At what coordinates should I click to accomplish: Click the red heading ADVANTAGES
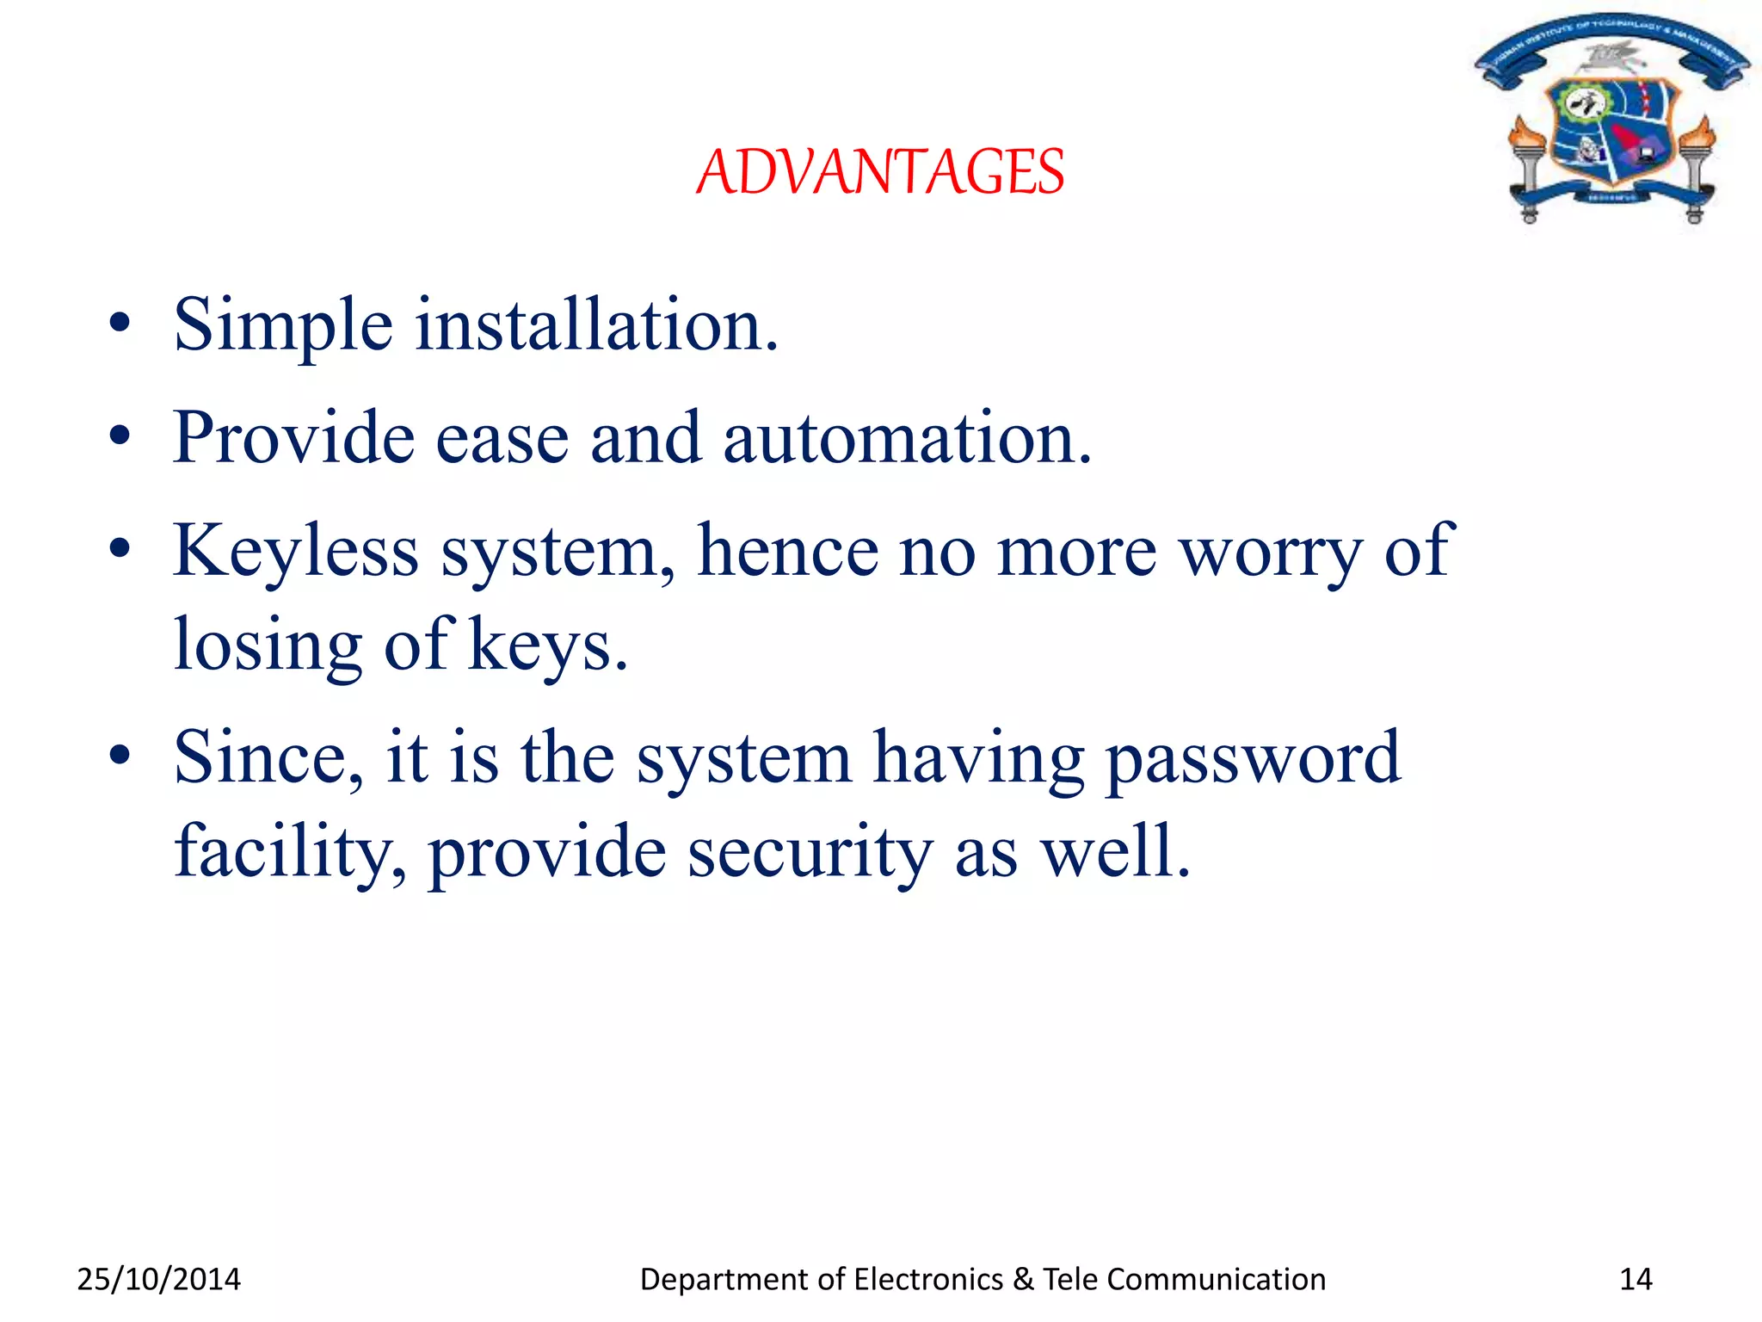tap(880, 171)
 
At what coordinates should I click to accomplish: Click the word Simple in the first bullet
tap(283, 325)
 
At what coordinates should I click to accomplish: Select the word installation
tap(596, 325)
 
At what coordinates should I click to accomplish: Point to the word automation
tap(907, 438)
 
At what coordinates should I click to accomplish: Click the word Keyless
tap(296, 551)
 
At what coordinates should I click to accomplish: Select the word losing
tap(268, 646)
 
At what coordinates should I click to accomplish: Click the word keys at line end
tap(547, 646)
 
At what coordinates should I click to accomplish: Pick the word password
tap(1253, 758)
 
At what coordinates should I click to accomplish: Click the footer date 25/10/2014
tap(159, 1280)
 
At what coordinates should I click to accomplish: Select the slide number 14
tap(1636, 1280)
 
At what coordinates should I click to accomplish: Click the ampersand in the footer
tap(1023, 1280)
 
